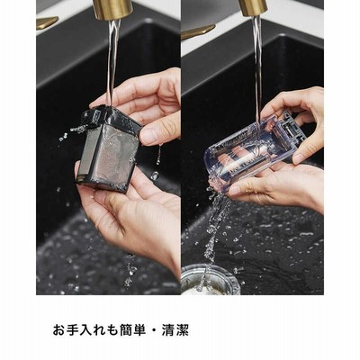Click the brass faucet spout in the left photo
[x=112, y=9]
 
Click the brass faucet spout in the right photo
[x=253, y=7]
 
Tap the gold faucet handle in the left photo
[x=47, y=22]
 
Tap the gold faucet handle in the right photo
[x=197, y=31]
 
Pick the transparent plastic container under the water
[x=251, y=153]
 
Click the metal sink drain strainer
[x=210, y=280]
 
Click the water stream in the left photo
[x=112, y=61]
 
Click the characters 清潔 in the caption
[x=175, y=330]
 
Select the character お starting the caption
[x=59, y=330]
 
